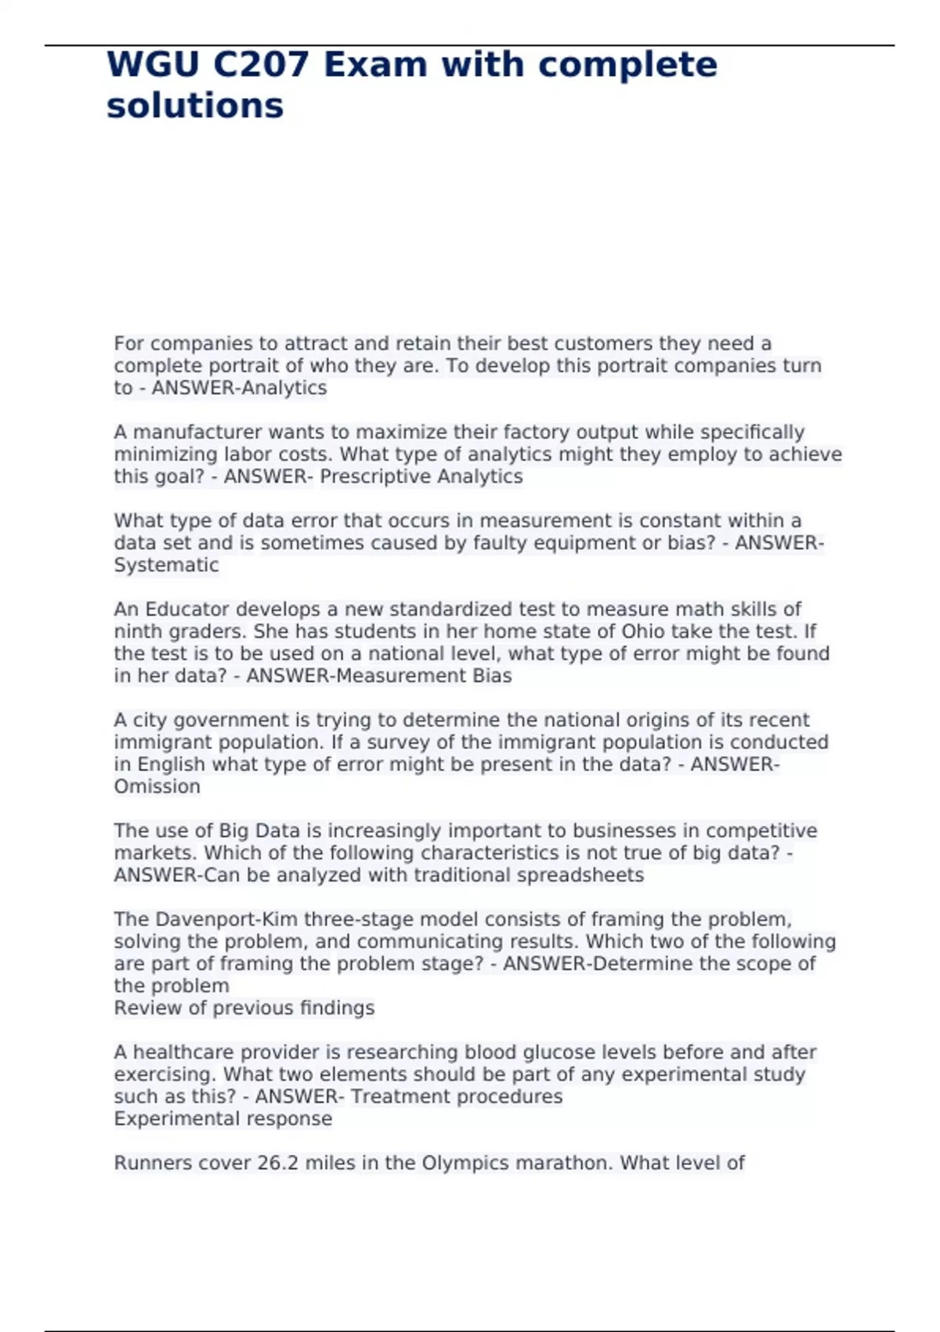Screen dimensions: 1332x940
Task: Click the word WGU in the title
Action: click(x=153, y=65)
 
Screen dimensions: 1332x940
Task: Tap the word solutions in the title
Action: click(x=195, y=107)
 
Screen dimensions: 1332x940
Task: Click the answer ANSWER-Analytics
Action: click(x=239, y=388)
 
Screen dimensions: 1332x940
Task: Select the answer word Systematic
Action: click(x=166, y=565)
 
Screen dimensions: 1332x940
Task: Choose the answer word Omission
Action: click(x=157, y=787)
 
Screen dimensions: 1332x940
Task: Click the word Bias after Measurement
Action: click(x=492, y=676)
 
